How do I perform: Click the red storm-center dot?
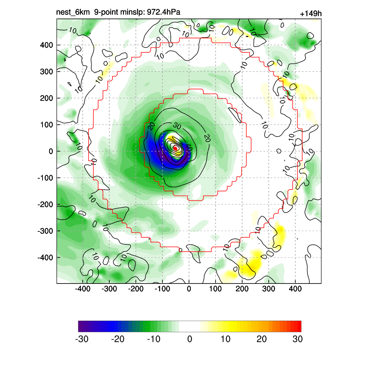pyautogui.click(x=176, y=148)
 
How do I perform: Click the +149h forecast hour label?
pyautogui.click(x=311, y=14)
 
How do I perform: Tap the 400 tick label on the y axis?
pyautogui.click(x=47, y=45)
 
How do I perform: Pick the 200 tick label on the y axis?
pyautogui.click(x=47, y=98)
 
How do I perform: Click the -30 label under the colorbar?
pyautogui.click(x=82, y=339)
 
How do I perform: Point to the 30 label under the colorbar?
pyautogui.click(x=298, y=339)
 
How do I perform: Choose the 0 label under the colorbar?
pyautogui.click(x=190, y=339)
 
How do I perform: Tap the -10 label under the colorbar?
pyautogui.click(x=154, y=339)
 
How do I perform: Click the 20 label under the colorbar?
pyautogui.click(x=261, y=339)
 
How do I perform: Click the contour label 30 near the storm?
pyautogui.click(x=177, y=126)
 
